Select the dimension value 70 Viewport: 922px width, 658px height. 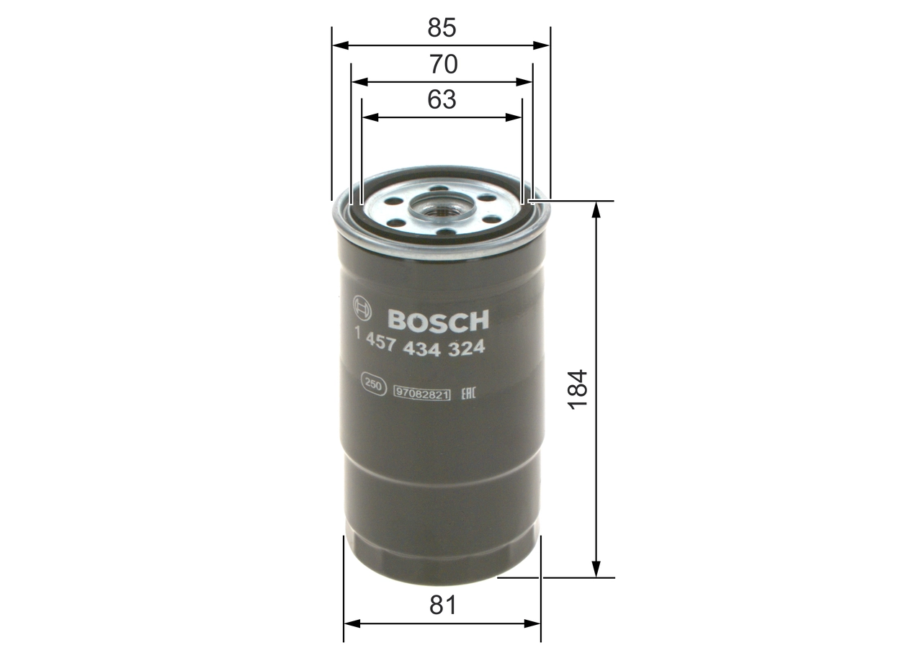pos(443,65)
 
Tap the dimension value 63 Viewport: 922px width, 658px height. pos(442,99)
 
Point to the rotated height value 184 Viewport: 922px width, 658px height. pos(578,389)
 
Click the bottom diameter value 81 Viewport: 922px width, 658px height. pos(443,605)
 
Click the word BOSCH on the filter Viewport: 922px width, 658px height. pos(438,320)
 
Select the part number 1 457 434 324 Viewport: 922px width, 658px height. pos(419,348)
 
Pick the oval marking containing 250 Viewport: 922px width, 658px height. pos(372,384)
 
